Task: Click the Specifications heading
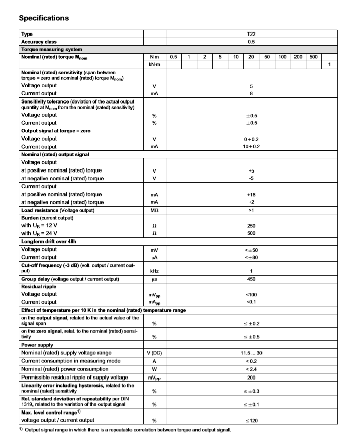(x=44, y=18)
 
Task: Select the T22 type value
(x=251, y=34)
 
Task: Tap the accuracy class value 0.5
(x=251, y=42)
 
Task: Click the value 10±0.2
(x=251, y=147)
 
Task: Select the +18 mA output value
(x=251, y=194)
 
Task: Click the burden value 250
(x=251, y=226)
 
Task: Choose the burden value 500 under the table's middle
(x=251, y=233)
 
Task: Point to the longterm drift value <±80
(x=251, y=257)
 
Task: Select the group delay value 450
(x=251, y=279)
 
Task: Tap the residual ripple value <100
(x=251, y=295)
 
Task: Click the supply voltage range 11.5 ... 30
(x=251, y=352)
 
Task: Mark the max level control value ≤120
(x=251, y=420)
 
